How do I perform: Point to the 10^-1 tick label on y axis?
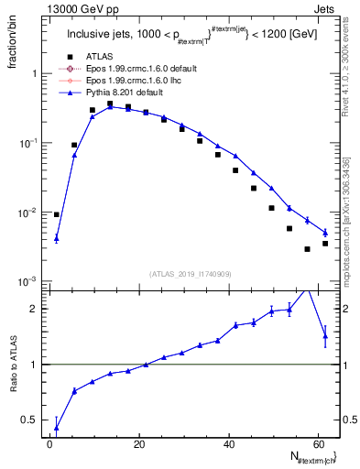(x=27, y=143)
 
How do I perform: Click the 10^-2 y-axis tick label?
(x=27, y=213)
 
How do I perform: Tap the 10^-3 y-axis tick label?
(x=27, y=281)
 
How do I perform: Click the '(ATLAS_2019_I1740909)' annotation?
(x=191, y=274)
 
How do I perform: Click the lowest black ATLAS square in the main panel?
(x=308, y=249)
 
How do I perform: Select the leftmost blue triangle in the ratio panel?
(x=57, y=427)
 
